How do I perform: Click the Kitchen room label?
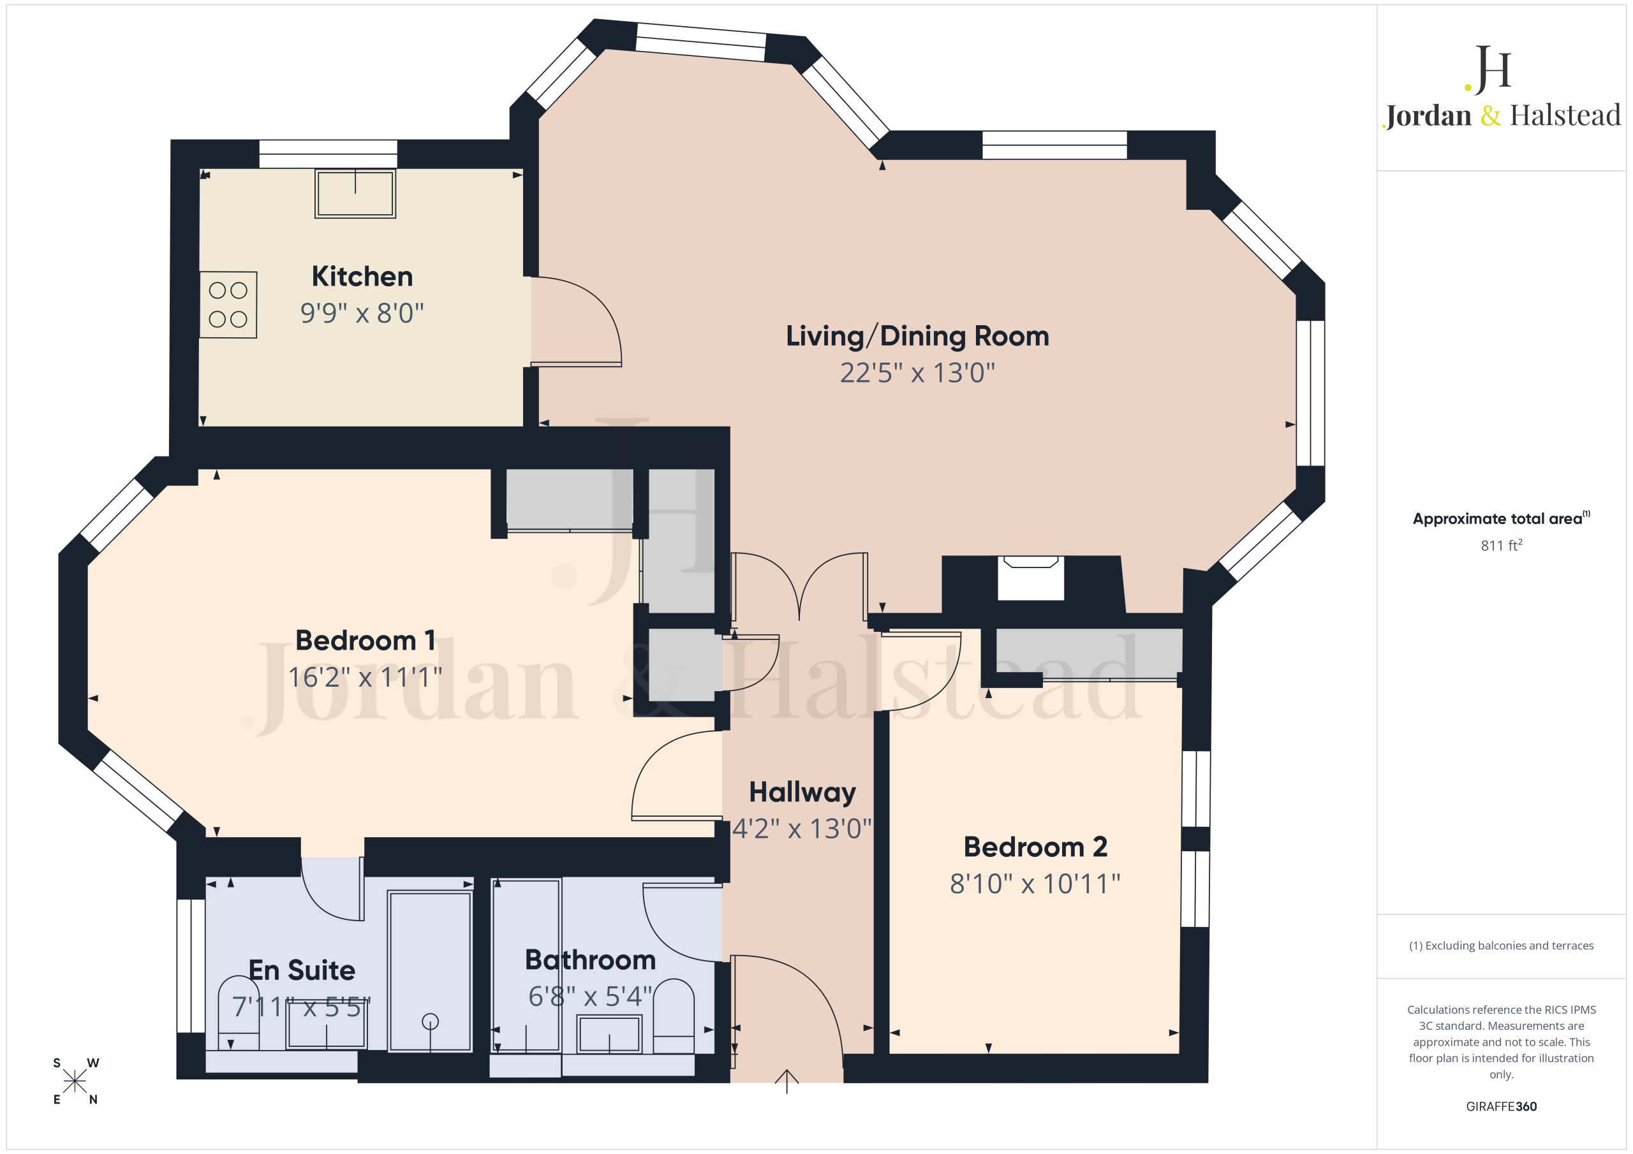362,276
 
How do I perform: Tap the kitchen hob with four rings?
228,304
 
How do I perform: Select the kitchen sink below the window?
355,193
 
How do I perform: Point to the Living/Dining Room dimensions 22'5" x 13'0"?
917,372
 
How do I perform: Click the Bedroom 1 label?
365,640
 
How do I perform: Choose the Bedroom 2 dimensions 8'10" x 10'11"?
1035,884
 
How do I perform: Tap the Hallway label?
802,792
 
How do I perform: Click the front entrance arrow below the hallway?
787,1081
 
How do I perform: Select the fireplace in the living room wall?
1031,578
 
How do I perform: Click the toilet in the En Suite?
239,1012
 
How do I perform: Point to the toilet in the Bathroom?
674,1016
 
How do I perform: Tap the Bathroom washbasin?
609,1033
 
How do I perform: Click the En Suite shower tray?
431,970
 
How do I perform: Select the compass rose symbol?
75,1081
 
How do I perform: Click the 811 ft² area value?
1501,545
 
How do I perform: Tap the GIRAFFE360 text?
1501,1106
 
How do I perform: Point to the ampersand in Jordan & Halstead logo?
1490,115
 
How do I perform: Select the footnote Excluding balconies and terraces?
1501,946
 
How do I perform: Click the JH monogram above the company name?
1488,69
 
